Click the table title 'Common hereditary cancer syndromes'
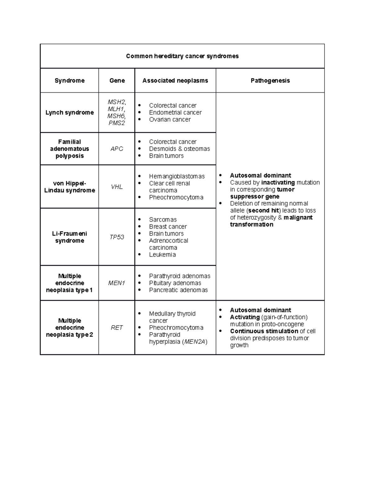[182, 56]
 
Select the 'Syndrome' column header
[69, 81]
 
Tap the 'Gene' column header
[117, 81]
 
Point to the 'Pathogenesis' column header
[270, 81]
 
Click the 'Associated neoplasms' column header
[175, 81]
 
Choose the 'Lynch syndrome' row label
[69, 112]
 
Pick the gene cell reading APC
[117, 149]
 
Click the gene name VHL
[117, 187]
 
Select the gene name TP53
[117, 237]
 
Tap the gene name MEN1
[117, 283]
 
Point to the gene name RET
[117, 328]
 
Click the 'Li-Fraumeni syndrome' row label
[69, 237]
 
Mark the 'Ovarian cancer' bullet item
[170, 120]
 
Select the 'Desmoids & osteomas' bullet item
[179, 149]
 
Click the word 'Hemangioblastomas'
[177, 176]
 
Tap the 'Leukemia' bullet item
[162, 255]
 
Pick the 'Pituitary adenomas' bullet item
[175, 283]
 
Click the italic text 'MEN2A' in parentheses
[195, 342]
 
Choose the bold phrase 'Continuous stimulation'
[264, 331]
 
